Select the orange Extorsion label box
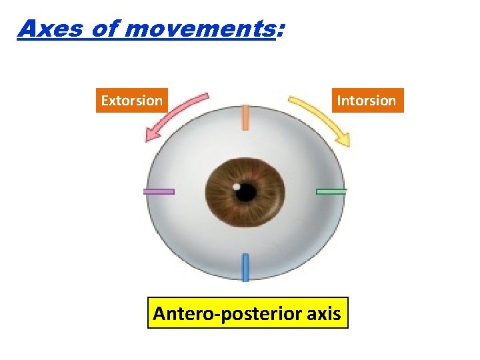point(131,101)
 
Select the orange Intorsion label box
point(366,101)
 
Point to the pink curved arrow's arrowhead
point(151,136)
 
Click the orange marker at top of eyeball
point(245,117)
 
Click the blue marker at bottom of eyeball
point(245,267)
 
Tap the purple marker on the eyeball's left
point(159,191)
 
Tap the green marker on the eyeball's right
point(331,191)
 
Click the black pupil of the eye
point(246,193)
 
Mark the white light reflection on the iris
point(236,185)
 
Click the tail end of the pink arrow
point(205,97)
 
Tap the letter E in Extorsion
point(104,101)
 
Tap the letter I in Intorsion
point(339,101)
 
